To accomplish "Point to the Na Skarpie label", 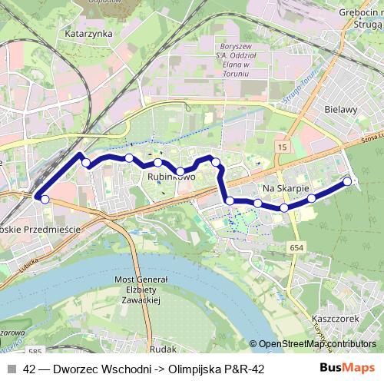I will [285, 188].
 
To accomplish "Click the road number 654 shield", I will [297, 247].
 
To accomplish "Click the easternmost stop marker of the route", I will [347, 181].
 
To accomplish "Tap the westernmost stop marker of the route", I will [45, 200].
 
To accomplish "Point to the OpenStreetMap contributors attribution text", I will [317, 344].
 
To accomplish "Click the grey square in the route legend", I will [11, 369].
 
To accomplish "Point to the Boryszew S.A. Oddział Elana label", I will [231, 64].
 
